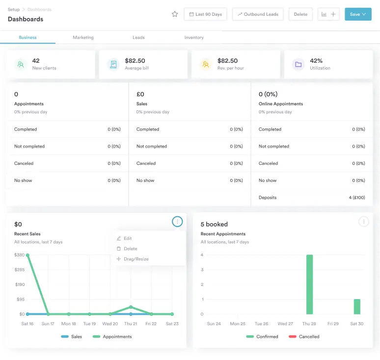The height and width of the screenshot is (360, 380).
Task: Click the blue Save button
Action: [x=358, y=14]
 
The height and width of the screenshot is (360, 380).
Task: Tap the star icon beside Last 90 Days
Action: [x=175, y=14]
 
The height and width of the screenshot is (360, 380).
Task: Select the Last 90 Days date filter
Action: [x=206, y=14]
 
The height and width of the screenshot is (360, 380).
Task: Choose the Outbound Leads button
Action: [x=258, y=14]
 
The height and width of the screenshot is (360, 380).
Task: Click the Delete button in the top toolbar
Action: [x=300, y=14]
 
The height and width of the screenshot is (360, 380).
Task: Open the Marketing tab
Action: [x=83, y=37]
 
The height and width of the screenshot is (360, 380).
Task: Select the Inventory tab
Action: [x=194, y=37]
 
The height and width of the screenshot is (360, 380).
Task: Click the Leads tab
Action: [x=138, y=37]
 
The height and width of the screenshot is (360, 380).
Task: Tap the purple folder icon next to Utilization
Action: [x=298, y=64]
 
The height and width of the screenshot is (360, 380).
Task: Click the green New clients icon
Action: [x=20, y=64]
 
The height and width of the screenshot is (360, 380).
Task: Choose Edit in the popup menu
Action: [x=128, y=238]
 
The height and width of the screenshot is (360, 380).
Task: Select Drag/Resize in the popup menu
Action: [x=136, y=259]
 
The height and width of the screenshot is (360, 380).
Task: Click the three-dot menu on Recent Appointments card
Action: [x=364, y=222]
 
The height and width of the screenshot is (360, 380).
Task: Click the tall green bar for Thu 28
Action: [x=309, y=284]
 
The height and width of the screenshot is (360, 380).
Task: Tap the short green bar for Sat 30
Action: [x=357, y=307]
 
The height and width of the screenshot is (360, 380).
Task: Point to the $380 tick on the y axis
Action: [x=20, y=255]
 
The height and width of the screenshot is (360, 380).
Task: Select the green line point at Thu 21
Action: [x=131, y=308]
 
